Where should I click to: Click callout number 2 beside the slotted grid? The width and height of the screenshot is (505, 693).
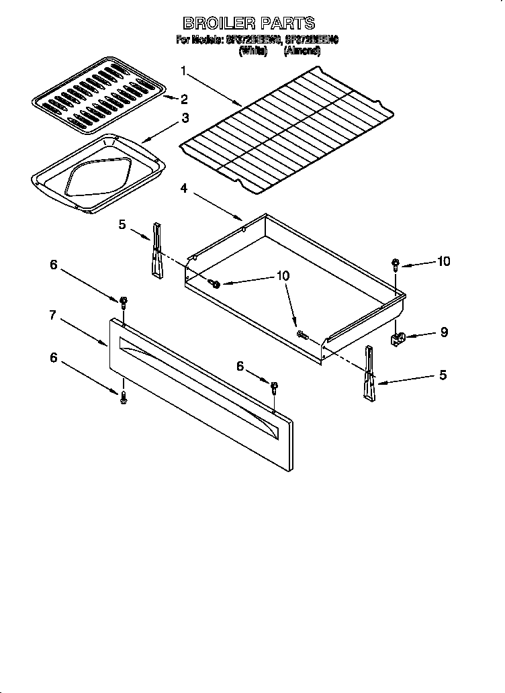(x=184, y=99)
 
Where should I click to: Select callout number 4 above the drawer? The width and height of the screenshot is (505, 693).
(x=184, y=189)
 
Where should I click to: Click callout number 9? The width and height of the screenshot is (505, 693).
(x=444, y=332)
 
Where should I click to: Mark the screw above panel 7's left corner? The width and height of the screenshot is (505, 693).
(x=124, y=302)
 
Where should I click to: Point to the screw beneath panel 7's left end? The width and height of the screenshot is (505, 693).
(x=124, y=398)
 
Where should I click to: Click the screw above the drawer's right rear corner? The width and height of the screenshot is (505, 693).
(x=396, y=264)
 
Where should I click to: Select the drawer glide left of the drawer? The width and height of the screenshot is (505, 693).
(x=157, y=250)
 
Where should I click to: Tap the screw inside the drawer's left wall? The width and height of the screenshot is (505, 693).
(x=216, y=285)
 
